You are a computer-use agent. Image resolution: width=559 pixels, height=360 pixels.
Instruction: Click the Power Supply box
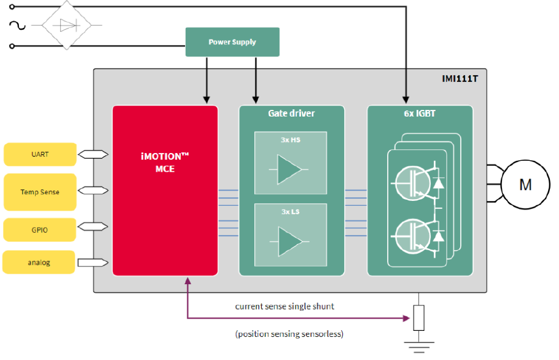232,42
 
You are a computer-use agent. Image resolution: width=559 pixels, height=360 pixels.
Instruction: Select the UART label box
40,154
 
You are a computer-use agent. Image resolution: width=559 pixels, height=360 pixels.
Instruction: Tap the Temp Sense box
40,192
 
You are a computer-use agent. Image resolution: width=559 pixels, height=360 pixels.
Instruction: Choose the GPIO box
40,230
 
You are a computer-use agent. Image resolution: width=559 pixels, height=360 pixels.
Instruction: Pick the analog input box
39,262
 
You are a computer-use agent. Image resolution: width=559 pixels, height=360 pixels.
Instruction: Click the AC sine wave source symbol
16,25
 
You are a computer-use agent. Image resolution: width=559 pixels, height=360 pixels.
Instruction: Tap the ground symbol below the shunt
418,347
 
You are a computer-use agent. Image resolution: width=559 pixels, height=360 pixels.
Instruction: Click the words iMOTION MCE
164,162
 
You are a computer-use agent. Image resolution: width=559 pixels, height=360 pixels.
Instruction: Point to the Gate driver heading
291,114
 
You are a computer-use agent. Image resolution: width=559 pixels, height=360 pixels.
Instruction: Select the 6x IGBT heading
420,114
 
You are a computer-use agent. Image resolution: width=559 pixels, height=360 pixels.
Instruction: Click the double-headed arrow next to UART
93,154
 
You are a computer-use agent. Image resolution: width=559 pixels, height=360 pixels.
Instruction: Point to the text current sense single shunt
285,307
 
